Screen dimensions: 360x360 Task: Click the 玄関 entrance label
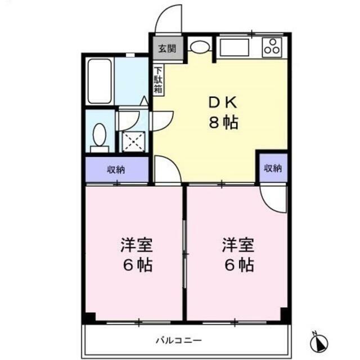pos(168,49)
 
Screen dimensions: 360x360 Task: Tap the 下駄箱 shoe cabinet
pos(158,80)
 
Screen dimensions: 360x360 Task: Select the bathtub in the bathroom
pos(100,81)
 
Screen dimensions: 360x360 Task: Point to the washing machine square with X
pos(134,142)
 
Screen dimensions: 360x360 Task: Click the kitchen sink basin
pos(234,47)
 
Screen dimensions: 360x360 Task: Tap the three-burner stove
pos(272,48)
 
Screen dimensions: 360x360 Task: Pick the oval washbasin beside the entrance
pos(200,47)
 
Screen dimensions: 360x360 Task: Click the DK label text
pos(223,102)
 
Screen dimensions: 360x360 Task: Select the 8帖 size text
pos(223,123)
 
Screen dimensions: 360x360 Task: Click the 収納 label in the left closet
pos(116,170)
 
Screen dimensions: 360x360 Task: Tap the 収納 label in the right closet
pos(273,168)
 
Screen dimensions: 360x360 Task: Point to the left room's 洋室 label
pos(137,245)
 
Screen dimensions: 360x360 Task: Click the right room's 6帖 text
pos(239,265)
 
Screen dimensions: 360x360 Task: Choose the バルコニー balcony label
pos(179,340)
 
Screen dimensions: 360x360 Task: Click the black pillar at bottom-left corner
pos(90,318)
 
